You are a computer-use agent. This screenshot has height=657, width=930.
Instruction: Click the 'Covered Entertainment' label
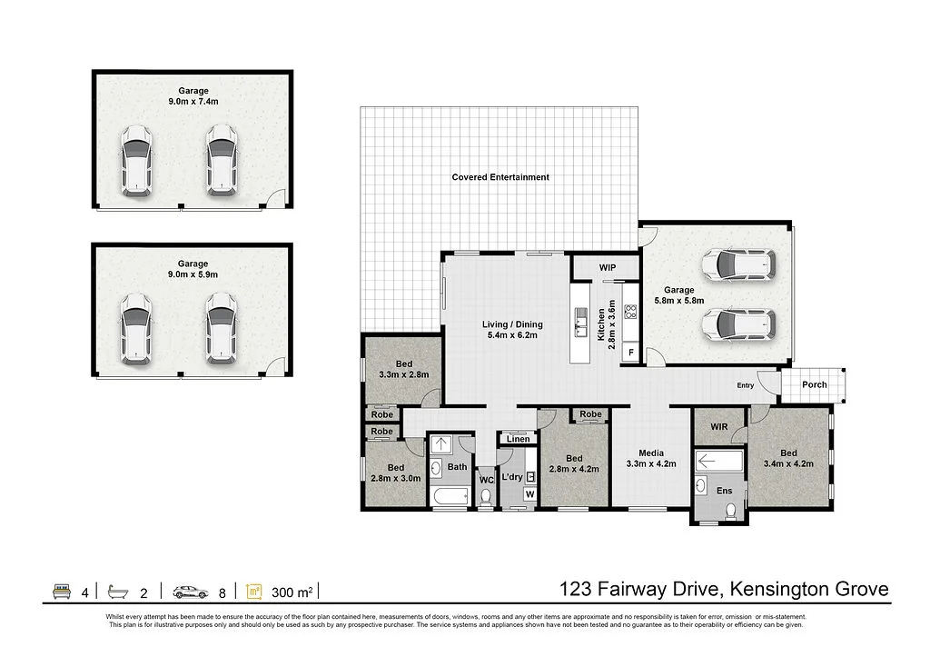click(x=500, y=177)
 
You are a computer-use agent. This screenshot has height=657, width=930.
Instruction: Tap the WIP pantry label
click(x=608, y=268)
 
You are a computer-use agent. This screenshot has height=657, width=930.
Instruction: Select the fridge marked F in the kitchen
click(x=630, y=352)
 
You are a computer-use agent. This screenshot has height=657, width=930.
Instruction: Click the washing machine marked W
click(x=529, y=494)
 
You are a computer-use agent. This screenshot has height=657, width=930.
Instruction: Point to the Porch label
click(x=815, y=384)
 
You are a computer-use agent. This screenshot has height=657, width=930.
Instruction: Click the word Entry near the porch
click(x=745, y=385)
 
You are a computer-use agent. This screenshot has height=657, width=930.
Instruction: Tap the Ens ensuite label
click(x=724, y=491)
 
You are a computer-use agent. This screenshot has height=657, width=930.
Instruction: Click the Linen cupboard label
click(x=518, y=440)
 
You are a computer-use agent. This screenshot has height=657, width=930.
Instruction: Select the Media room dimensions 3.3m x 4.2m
click(x=651, y=463)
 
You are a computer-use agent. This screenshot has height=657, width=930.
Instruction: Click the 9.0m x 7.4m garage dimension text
click(x=193, y=103)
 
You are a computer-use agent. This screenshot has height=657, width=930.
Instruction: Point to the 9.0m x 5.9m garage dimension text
click(x=193, y=274)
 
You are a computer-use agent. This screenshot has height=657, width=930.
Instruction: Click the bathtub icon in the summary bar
click(x=117, y=592)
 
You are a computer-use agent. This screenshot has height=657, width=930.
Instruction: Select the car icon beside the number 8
click(x=190, y=592)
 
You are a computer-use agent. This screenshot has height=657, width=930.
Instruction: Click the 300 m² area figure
click(x=292, y=592)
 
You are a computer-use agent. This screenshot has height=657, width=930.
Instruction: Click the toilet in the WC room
click(x=486, y=496)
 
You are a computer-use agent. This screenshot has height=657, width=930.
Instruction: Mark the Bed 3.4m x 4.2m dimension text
click(x=787, y=463)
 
